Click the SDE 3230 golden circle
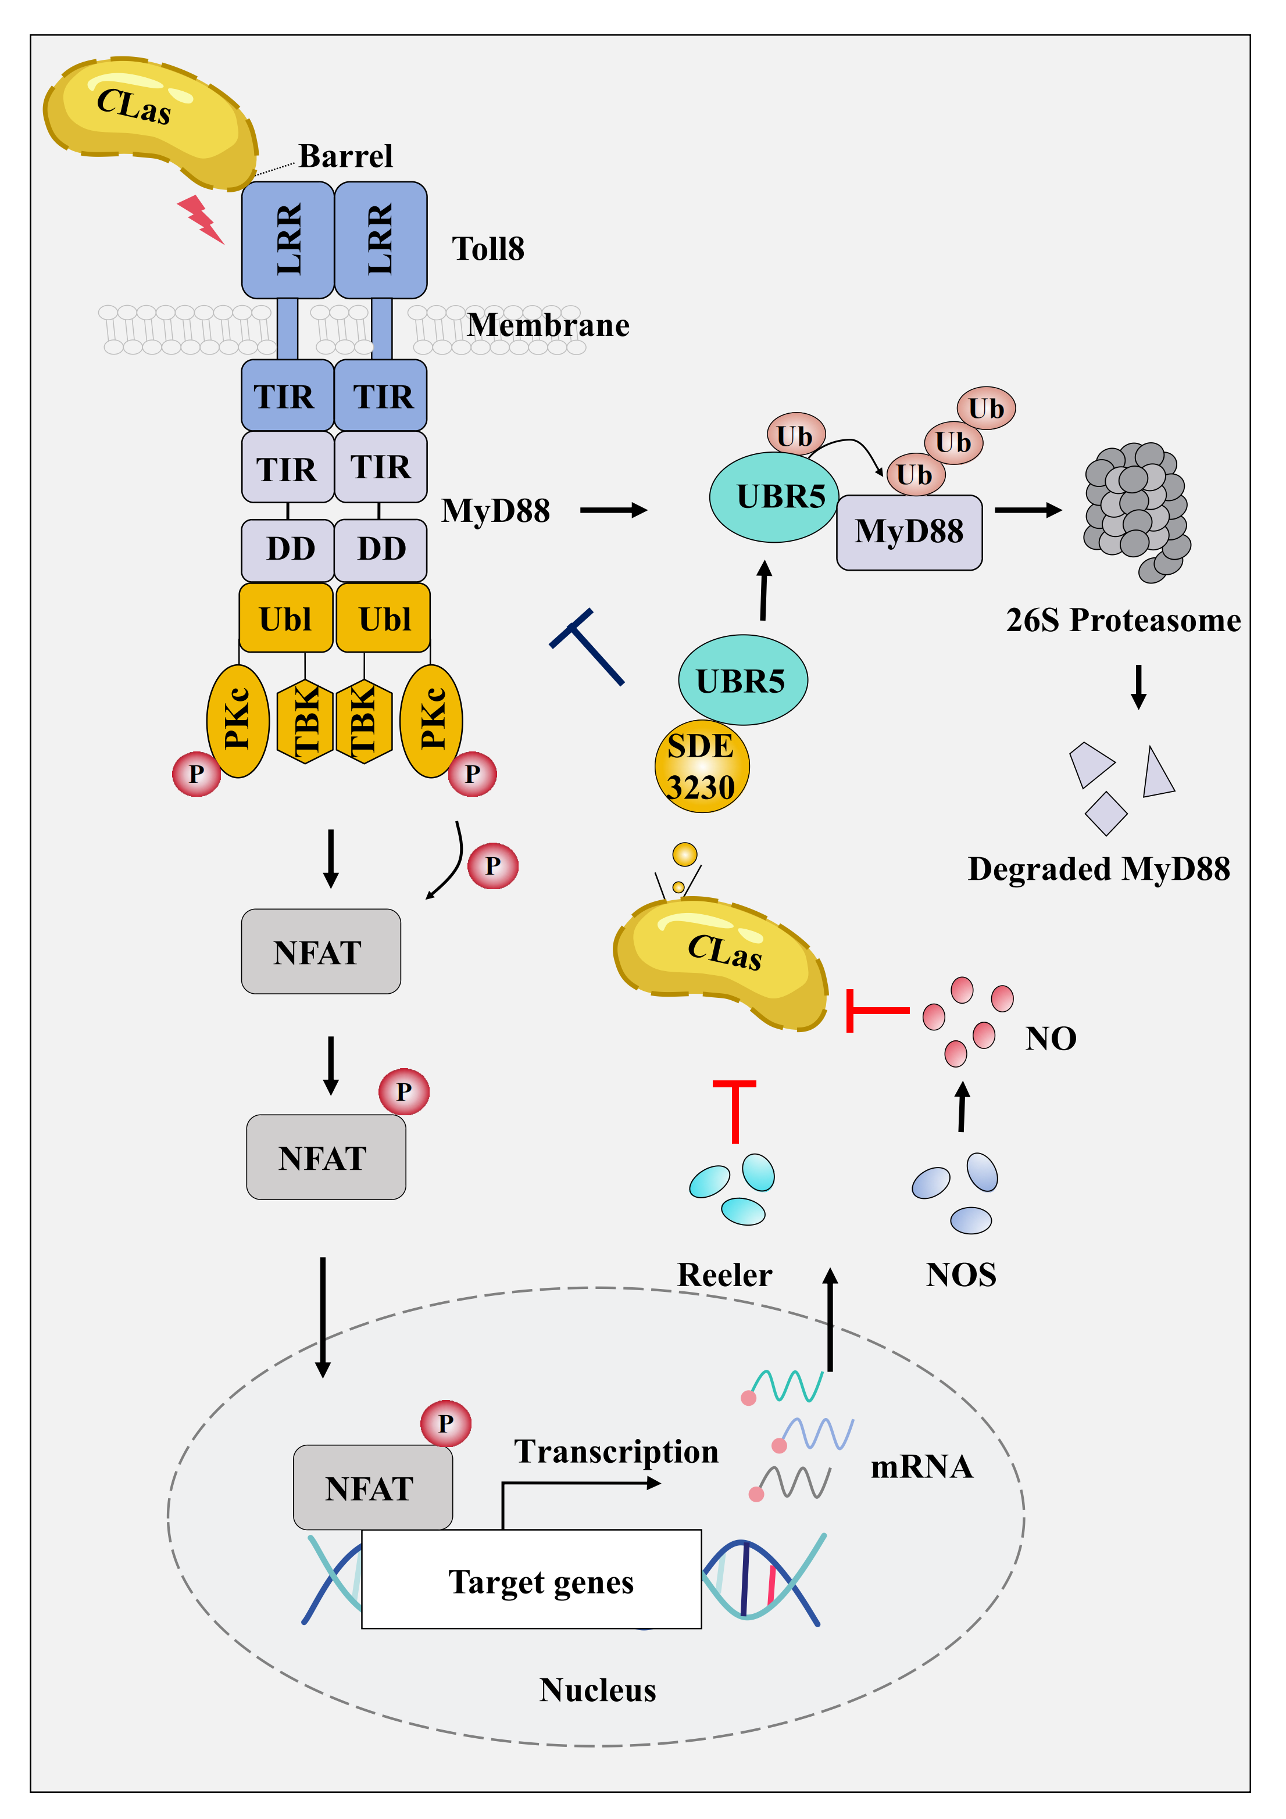click(x=701, y=766)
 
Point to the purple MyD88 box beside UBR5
click(x=909, y=532)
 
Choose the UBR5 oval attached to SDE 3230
click(x=742, y=680)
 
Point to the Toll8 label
click(x=488, y=249)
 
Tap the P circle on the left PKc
click(x=197, y=774)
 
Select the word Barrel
click(x=345, y=156)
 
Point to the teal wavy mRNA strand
click(x=788, y=1385)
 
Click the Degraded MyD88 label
click(x=1098, y=869)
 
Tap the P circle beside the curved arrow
click(x=493, y=865)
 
